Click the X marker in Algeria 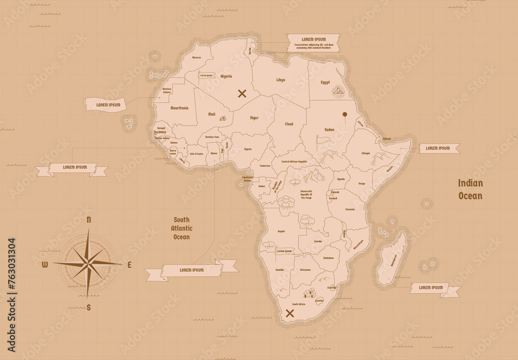tap(241, 94)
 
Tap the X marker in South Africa tap(290, 313)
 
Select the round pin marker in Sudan tap(344, 115)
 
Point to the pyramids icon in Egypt tap(337, 92)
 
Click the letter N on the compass tap(89, 220)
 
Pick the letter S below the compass tap(89, 308)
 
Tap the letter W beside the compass tap(45, 265)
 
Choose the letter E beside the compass tap(129, 265)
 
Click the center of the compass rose tap(88, 264)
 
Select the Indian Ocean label tap(470, 189)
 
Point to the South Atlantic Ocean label tap(182, 228)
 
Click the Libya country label tap(280, 80)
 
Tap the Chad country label tap(289, 124)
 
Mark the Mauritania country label tap(179, 108)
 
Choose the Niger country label tap(254, 118)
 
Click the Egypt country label tap(325, 82)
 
